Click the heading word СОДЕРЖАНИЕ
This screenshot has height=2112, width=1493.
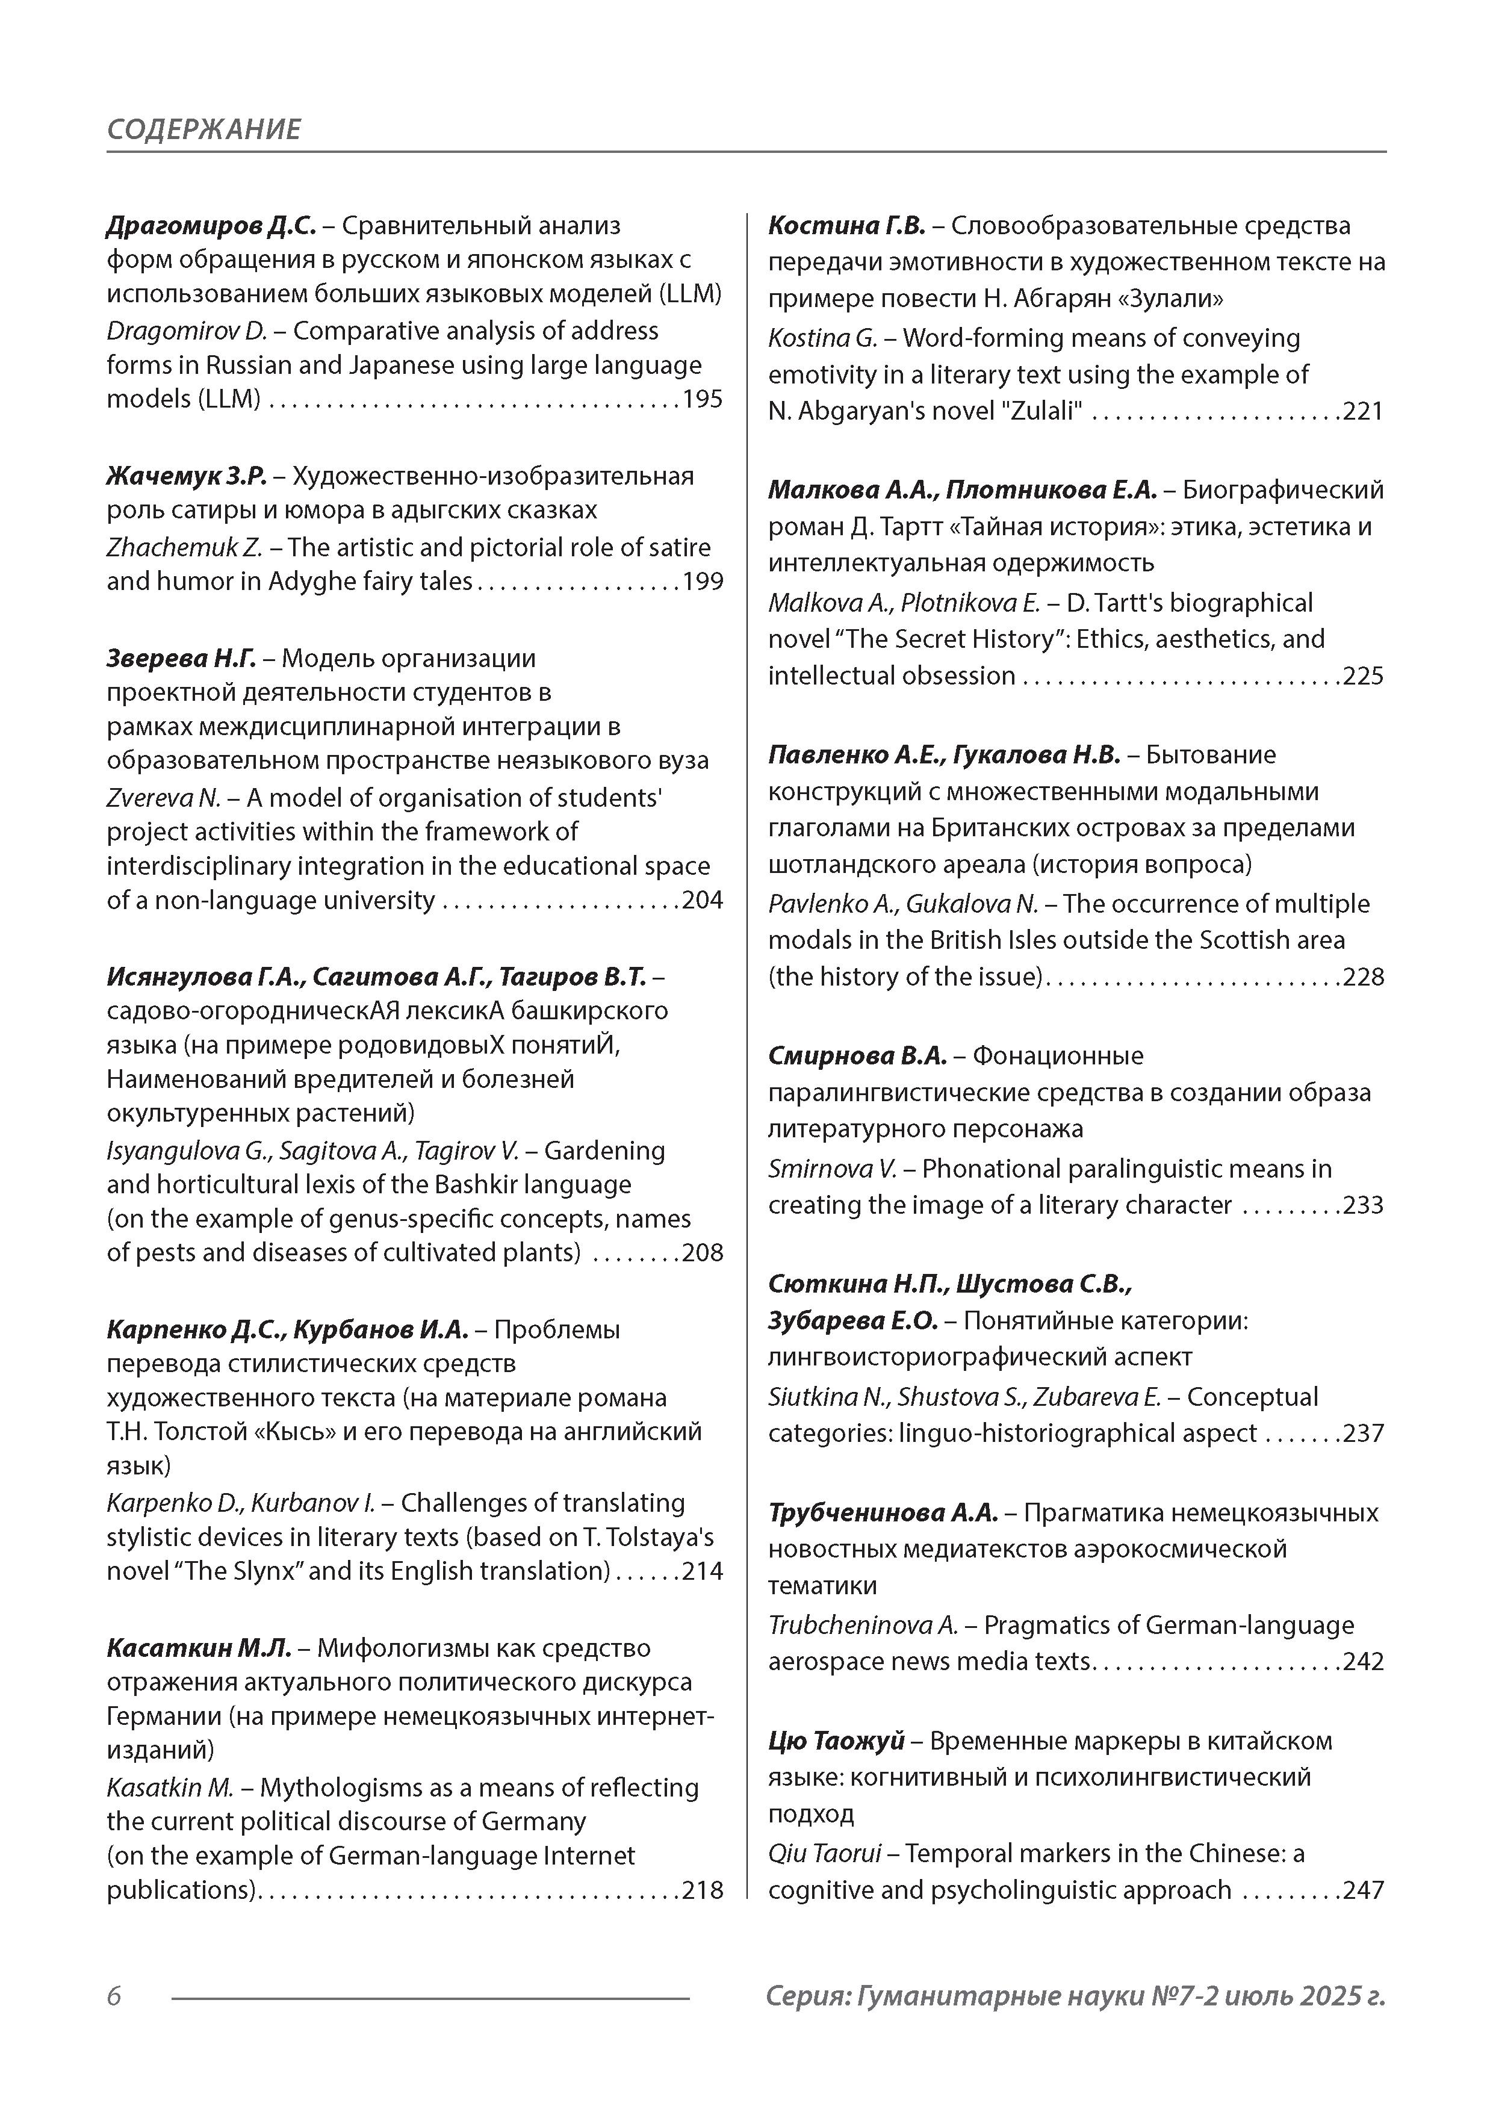(203, 129)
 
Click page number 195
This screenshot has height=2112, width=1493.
(702, 399)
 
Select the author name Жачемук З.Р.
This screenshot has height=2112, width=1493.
(186, 476)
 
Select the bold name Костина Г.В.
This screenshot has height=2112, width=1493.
(846, 225)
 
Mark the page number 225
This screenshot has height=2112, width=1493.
(1364, 676)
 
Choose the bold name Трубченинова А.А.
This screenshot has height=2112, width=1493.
(882, 1513)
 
